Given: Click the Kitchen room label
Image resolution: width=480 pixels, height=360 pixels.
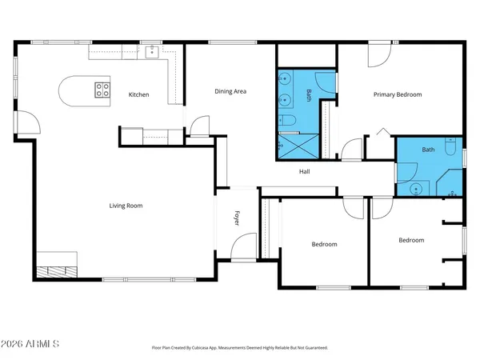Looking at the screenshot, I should (139, 94).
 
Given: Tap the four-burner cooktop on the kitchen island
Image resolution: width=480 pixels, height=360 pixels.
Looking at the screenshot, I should (102, 90).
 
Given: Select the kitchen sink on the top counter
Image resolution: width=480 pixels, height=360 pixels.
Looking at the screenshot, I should (152, 51).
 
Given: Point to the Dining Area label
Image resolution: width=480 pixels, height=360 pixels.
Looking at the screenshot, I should (230, 91).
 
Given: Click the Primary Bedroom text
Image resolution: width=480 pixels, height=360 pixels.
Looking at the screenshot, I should (397, 94).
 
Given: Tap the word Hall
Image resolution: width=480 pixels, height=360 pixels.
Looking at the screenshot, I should (304, 171).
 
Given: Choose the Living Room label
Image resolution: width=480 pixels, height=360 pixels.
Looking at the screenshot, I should (126, 206).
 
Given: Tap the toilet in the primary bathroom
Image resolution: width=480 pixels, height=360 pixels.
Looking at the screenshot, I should (289, 121).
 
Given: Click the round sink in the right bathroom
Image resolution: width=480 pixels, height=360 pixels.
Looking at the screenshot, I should (416, 189).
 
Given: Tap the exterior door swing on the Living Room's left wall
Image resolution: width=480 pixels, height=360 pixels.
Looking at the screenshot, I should (29, 122).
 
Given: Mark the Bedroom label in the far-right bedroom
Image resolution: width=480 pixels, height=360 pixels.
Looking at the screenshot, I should (411, 240).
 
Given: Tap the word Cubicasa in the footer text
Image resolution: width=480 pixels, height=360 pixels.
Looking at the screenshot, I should (214, 348).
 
